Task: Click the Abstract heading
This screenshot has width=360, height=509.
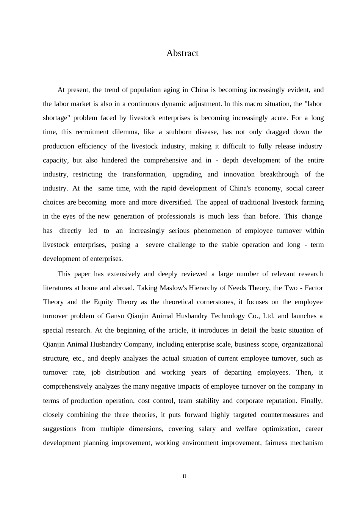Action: coord(182,53)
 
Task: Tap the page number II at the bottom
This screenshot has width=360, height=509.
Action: coord(184,476)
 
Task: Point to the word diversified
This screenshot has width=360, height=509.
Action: coord(176,202)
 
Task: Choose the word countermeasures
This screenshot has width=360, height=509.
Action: coord(285,415)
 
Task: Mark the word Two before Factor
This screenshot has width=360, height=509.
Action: coord(291,288)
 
